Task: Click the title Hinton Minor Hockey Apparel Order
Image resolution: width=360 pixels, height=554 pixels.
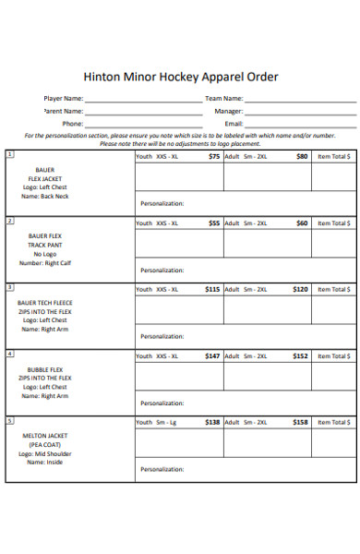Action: tap(180, 77)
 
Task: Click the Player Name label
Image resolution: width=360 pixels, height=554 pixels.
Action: tap(64, 98)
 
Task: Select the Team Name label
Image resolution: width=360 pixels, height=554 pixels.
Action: tap(224, 98)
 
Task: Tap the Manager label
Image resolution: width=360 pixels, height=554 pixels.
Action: tap(229, 111)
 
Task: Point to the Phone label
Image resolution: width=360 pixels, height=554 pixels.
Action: tap(73, 123)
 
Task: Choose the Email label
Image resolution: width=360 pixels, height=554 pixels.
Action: tap(234, 123)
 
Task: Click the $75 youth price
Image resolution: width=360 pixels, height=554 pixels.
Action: tap(214, 157)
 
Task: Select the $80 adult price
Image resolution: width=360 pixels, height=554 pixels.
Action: tap(302, 157)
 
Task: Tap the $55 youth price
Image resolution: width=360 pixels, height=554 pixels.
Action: tap(214, 223)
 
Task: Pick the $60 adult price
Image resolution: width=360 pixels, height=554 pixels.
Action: tap(302, 223)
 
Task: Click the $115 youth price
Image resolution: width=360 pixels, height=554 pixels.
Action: tap(212, 290)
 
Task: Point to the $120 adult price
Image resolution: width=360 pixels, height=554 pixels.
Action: tap(300, 290)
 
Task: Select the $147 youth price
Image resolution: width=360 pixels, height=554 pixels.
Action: tap(212, 356)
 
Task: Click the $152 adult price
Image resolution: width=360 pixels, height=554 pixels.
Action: tap(300, 356)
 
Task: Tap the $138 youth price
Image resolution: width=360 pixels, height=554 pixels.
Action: tap(212, 423)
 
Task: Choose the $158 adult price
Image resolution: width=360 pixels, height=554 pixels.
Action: tap(300, 423)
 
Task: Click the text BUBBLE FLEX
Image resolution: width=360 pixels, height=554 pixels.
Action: tap(44, 369)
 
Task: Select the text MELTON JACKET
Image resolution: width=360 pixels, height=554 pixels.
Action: tap(44, 436)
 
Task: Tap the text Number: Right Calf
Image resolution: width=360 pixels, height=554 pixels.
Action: tap(44, 264)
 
